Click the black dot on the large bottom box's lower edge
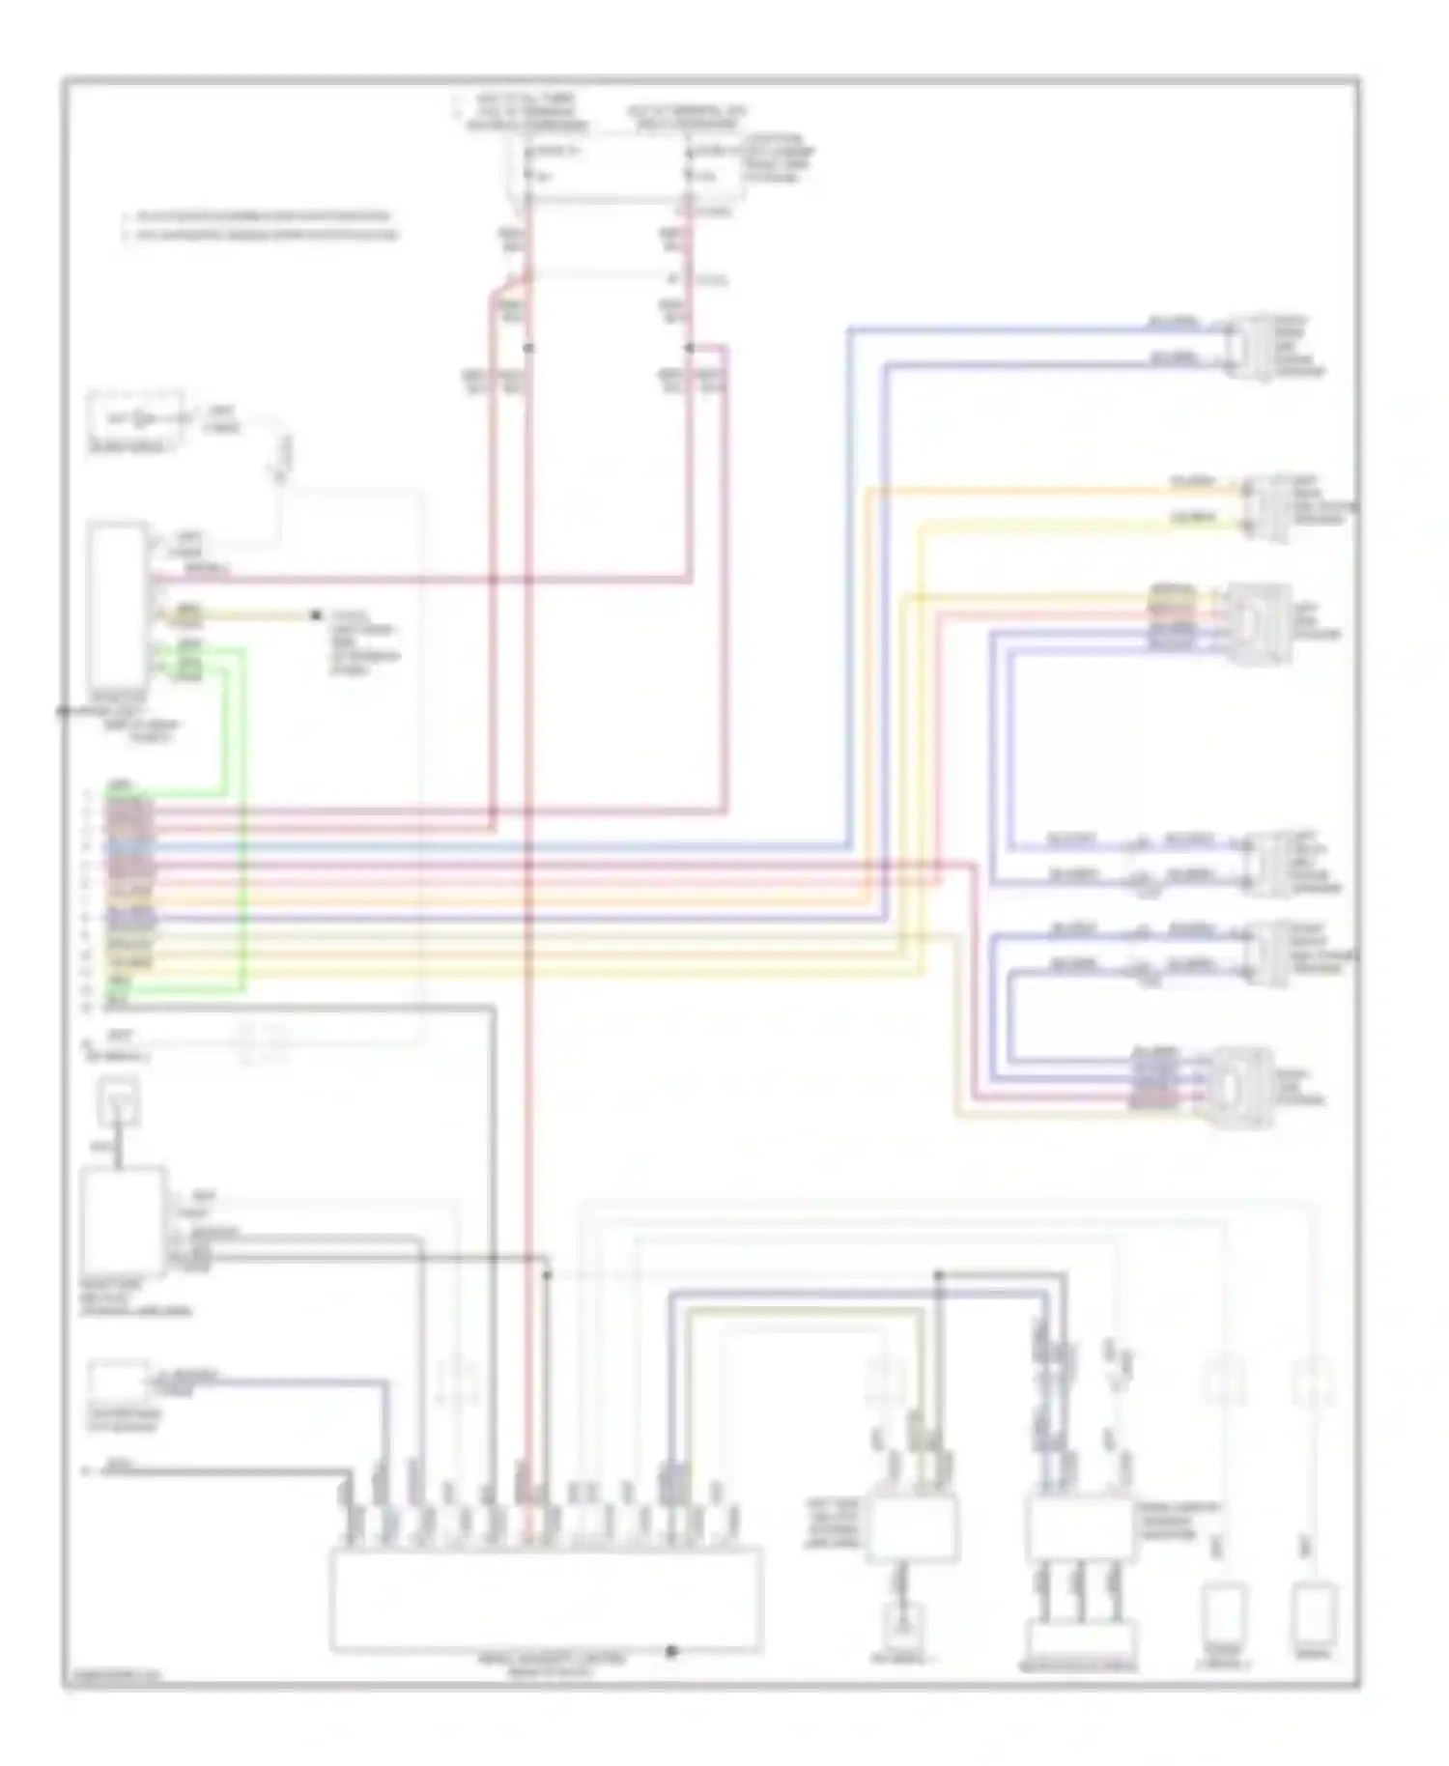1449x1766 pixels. click(671, 1651)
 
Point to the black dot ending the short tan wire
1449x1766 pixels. click(315, 615)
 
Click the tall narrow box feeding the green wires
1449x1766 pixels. click(118, 606)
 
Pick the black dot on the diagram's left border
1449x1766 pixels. click(63, 712)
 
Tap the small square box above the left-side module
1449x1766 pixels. click(119, 1102)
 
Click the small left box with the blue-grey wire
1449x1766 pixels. click(118, 1381)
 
